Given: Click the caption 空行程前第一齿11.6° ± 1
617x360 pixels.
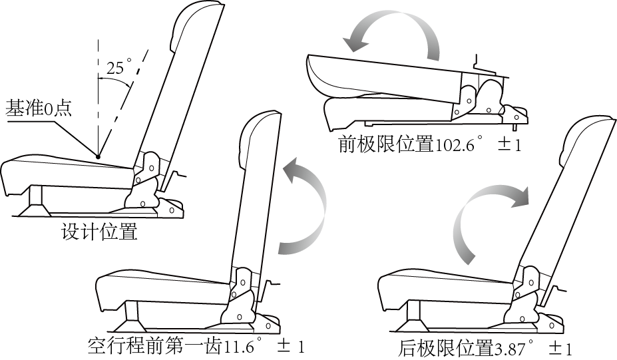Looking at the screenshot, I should [x=196, y=347].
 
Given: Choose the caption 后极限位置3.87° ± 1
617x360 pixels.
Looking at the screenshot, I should [x=486, y=348].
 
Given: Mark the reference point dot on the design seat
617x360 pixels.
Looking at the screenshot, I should [x=98, y=157].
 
